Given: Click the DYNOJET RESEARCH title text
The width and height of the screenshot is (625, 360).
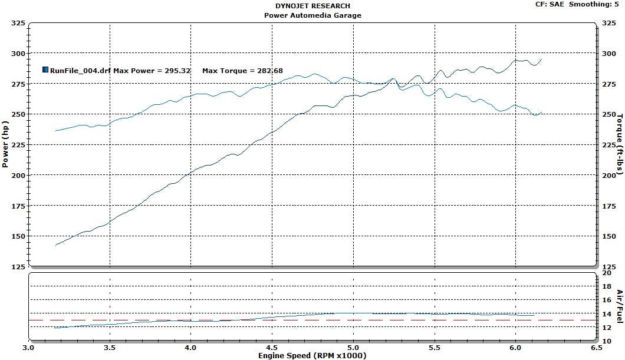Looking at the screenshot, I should (312, 6).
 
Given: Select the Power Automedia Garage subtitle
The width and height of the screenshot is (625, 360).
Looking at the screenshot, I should (312, 15).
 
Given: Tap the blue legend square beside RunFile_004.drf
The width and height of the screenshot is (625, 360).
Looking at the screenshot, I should (45, 70).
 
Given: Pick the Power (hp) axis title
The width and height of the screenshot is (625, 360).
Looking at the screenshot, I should (6, 145).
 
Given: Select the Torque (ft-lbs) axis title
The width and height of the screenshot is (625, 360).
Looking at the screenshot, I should (619, 144).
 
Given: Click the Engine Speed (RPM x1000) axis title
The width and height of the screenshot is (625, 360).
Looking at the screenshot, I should (312, 355).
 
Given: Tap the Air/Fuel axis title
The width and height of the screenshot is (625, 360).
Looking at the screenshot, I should (619, 306).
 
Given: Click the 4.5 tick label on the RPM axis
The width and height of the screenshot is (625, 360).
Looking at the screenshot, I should (272, 348).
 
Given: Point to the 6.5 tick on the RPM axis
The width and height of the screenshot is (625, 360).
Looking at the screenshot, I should (596, 348).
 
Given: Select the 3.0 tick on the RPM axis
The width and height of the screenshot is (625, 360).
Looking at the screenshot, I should (28, 348).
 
